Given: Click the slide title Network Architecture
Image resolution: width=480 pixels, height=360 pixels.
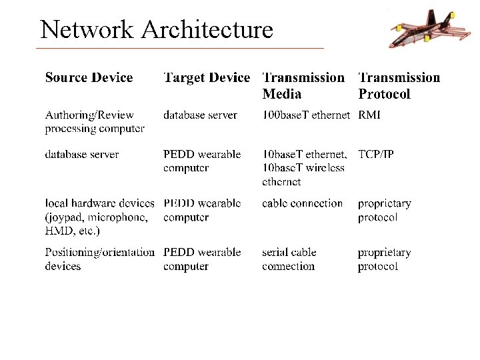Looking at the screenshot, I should (157, 30).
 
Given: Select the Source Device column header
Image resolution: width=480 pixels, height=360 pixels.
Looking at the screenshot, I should (89, 78).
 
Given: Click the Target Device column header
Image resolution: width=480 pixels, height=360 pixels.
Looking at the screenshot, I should (207, 78).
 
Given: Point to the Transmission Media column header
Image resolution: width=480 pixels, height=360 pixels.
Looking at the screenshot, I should (303, 86).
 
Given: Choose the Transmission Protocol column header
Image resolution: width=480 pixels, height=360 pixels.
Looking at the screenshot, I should (399, 86).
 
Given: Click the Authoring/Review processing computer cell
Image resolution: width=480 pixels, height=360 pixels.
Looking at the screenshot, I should (94, 122).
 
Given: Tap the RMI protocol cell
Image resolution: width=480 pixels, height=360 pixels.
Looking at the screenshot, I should (369, 115).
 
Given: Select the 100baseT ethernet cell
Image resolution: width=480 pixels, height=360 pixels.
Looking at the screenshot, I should (305, 115).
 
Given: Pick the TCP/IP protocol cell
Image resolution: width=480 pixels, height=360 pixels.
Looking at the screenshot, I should (375, 154).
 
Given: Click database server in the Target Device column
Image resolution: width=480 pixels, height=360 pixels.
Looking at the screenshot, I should (200, 115).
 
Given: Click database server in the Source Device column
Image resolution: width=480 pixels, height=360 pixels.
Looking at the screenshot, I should (81, 154).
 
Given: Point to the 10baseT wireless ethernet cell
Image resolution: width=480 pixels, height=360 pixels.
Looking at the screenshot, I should (303, 168).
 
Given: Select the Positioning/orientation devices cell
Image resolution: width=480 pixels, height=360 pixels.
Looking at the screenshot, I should (99, 259).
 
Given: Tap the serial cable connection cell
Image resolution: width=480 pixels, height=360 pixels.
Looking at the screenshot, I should (289, 259).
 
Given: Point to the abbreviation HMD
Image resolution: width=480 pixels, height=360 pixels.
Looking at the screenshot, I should (58, 231).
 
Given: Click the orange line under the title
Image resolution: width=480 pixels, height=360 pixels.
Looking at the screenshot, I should (180, 49).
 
